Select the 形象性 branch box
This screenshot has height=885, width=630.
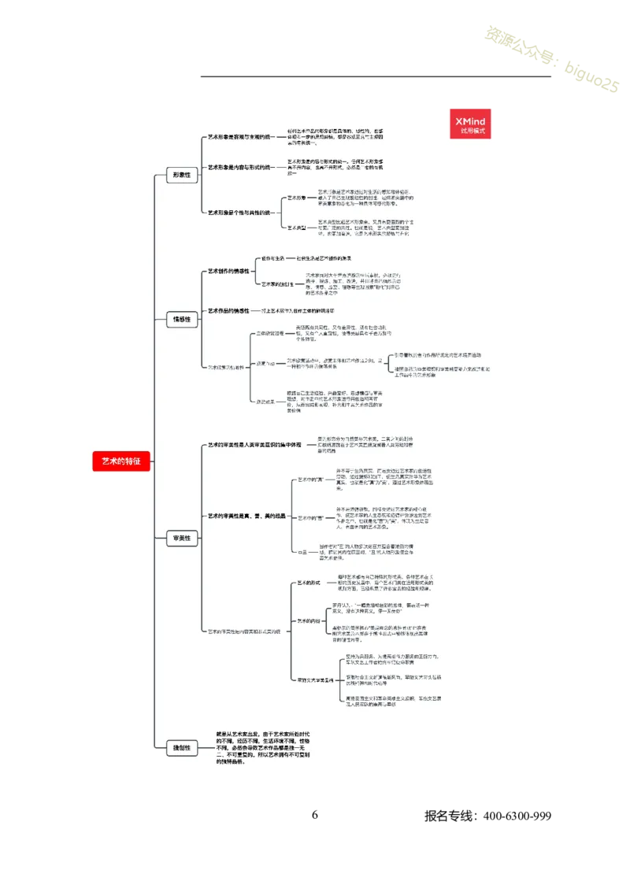pyautogui.click(x=182, y=176)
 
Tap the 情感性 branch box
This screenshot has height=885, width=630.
pyautogui.click(x=182, y=319)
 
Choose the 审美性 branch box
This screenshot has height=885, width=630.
pyautogui.click(x=182, y=539)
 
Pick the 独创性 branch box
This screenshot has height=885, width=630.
pyautogui.click(x=182, y=748)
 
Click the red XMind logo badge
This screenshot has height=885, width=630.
pyautogui.click(x=470, y=123)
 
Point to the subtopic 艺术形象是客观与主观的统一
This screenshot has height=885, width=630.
pyautogui.click(x=241, y=137)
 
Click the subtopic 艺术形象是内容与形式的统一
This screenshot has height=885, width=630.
pyautogui.click(x=241, y=167)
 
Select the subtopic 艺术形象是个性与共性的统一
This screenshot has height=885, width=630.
pyautogui.click(x=241, y=213)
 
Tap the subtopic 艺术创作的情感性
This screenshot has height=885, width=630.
pyautogui.click(x=228, y=271)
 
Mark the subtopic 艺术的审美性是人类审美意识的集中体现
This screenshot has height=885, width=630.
pyautogui.click(x=254, y=445)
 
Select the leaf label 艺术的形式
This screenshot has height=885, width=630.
pyautogui.click(x=308, y=583)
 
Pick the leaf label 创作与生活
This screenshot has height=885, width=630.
pyautogui.click(x=272, y=258)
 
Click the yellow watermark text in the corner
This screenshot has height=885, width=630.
pyautogui.click(x=549, y=59)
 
